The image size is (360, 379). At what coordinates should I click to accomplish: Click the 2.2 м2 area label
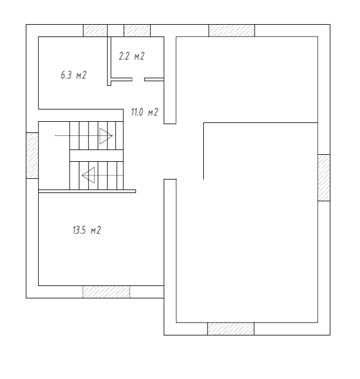pos(131,56)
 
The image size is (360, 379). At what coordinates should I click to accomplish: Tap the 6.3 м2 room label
pos(74,75)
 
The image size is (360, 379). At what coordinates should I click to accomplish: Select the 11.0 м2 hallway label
pos(145,112)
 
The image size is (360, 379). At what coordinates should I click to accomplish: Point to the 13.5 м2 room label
pos(87,230)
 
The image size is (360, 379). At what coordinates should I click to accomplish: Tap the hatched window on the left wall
pos(32,155)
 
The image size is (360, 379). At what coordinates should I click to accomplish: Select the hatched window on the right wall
pos(324,178)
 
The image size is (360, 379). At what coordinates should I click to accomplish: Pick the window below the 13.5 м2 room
pos(106,292)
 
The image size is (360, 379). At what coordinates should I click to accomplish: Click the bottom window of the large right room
pos(231,329)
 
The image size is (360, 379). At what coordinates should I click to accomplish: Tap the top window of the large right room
pos(232,31)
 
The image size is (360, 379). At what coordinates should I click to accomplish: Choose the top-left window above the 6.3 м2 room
pos(95,31)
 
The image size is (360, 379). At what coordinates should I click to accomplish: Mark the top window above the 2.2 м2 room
pos(137,31)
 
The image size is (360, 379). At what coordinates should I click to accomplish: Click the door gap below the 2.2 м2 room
pos(138,79)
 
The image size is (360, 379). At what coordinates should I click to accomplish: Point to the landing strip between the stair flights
pos(97,155)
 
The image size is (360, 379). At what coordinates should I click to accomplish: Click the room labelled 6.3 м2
pos(73,73)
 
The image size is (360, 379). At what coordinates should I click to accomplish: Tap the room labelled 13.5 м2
pos(101,240)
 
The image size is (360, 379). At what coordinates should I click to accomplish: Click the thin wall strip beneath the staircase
pos(87,191)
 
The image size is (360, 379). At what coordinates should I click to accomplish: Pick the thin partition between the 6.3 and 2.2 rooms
pos(109,61)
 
